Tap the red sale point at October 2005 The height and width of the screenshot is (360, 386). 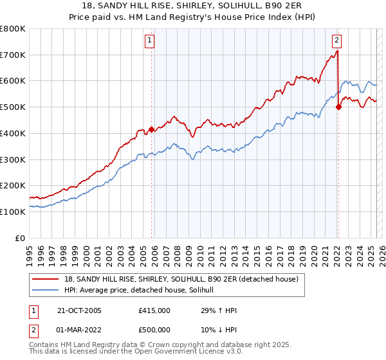(x=152, y=129)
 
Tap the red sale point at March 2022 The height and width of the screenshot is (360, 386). (x=338, y=107)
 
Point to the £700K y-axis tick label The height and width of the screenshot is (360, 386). (x=13, y=55)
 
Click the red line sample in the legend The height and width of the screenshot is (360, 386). (x=46, y=280)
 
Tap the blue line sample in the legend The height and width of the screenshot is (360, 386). (x=46, y=291)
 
